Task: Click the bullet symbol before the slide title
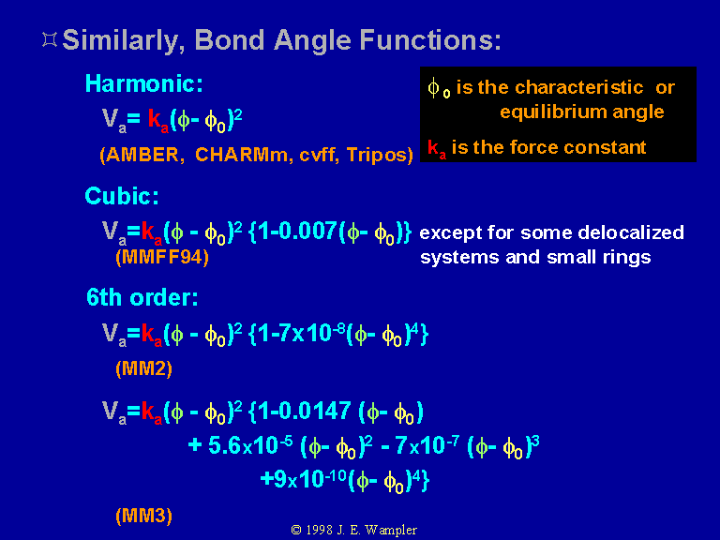pyautogui.click(x=50, y=39)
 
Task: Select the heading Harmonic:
pyautogui.click(x=143, y=83)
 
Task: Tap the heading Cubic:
pyautogui.click(x=122, y=196)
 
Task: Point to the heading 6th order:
pyautogui.click(x=142, y=297)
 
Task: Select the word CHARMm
pyautogui.click(x=242, y=155)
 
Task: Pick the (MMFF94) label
pyautogui.click(x=162, y=257)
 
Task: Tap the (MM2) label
pyautogui.click(x=143, y=368)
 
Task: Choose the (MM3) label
pyautogui.click(x=143, y=516)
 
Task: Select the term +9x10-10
pyautogui.click(x=303, y=478)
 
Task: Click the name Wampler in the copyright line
pyautogui.click(x=391, y=531)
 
